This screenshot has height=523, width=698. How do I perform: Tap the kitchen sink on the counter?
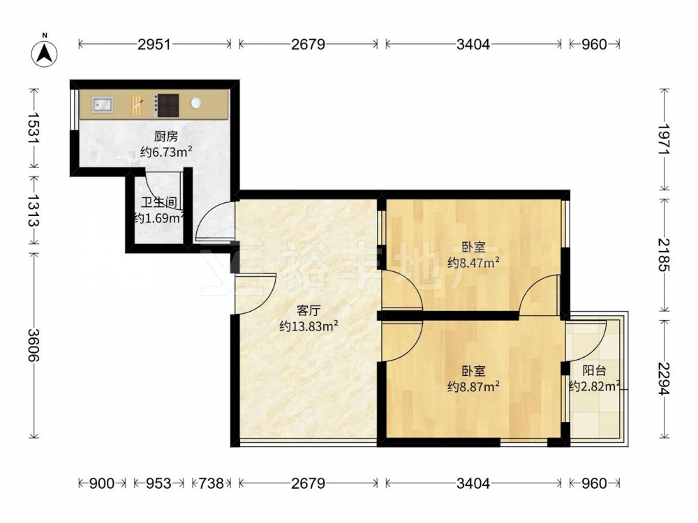coord(103,105)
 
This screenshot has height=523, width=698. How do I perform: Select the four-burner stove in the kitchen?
coord(167,105)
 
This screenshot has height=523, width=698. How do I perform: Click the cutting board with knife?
coord(137,105)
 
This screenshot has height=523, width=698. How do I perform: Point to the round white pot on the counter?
coord(196,103)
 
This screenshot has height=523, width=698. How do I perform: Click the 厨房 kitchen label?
coord(166,136)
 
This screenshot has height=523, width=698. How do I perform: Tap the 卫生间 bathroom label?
coord(159,203)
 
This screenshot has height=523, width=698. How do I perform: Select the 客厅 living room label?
coord(309,310)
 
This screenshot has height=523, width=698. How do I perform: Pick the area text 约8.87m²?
coord(473,386)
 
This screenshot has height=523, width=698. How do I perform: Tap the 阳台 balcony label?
coord(594,370)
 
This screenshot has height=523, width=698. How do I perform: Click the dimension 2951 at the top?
coord(154,44)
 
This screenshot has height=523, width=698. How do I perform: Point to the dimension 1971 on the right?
coord(664,139)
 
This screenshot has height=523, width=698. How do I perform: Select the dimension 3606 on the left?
coord(34,345)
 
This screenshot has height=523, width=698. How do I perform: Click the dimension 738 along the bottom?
coord(211,483)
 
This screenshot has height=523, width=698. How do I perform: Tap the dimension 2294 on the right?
coord(664,379)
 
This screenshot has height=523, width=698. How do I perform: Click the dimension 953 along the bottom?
coord(158,483)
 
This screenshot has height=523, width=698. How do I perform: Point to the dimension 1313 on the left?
coord(34,209)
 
